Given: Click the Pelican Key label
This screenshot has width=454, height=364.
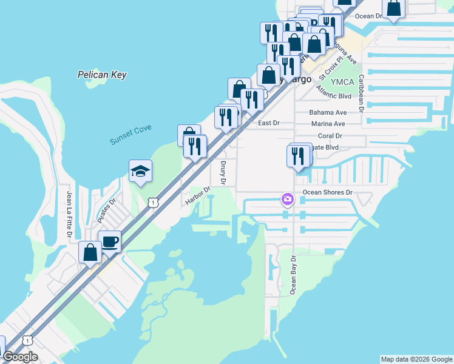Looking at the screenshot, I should coord(102,75).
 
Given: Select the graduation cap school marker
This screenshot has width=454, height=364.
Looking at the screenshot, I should coord(140,171).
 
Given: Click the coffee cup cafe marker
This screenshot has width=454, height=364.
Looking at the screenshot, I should coord(109,241).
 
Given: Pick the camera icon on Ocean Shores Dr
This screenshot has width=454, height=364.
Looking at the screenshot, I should coord(287,199).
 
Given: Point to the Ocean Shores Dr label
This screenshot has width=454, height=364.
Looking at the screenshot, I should coord(328,192).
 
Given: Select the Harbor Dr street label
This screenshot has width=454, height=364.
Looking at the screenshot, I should coord(198,195).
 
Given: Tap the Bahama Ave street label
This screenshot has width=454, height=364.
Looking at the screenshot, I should coord(328,113).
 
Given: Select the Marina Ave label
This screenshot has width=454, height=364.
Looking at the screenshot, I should coord(328,124).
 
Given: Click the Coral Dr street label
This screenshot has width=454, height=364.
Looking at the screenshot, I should coord(330,136).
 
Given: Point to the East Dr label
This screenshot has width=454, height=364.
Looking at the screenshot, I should coord(268,123).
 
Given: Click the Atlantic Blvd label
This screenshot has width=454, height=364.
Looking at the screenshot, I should coord(334,92).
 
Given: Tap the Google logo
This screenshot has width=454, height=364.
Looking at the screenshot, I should coord(21,357).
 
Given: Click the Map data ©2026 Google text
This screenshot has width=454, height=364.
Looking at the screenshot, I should coord(416,359).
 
